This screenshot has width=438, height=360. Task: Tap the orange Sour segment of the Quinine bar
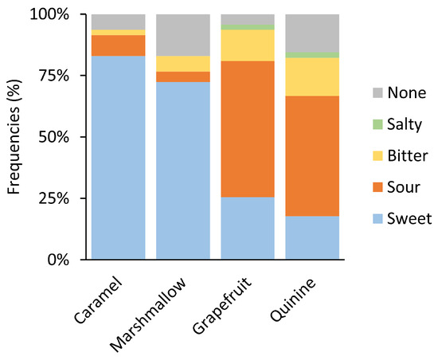click(311, 155)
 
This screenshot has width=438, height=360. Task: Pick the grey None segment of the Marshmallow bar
click(182, 35)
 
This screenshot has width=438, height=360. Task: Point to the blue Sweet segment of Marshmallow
click(182, 170)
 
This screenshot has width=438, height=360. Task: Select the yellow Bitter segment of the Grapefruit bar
click(247, 45)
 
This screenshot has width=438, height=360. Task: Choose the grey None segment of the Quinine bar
click(311, 33)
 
